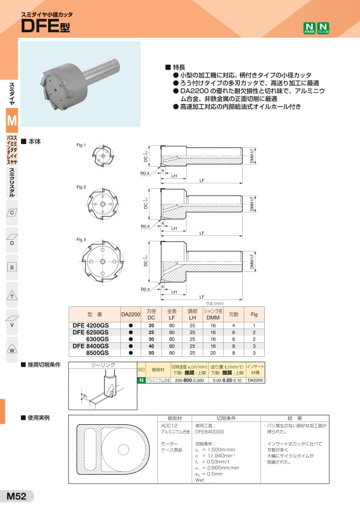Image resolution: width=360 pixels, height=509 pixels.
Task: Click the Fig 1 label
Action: (81, 145)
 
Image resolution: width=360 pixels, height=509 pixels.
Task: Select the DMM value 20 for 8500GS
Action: (213, 352)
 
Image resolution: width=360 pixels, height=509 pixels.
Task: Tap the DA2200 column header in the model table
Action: (131, 313)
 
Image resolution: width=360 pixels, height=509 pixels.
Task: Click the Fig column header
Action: (254, 313)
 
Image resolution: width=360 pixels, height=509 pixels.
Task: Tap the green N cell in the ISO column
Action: (141, 381)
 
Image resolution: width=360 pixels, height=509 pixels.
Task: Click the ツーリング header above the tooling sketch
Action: (102, 366)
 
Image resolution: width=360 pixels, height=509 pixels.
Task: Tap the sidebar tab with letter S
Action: (12, 267)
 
